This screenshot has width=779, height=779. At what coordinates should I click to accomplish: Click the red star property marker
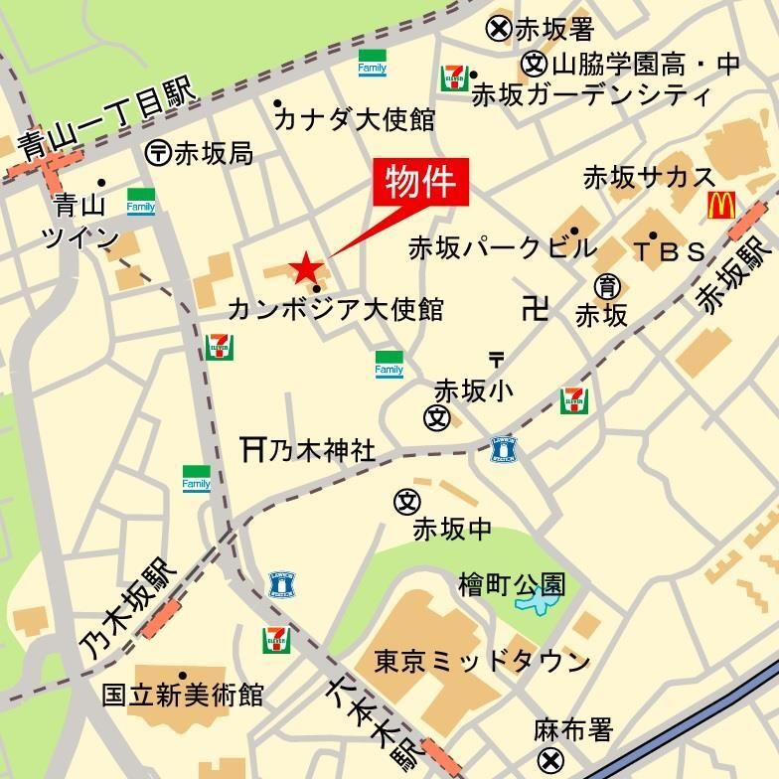[305, 267]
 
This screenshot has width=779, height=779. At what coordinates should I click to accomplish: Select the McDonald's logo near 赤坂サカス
[721, 206]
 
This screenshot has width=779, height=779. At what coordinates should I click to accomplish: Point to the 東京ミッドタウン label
[482, 661]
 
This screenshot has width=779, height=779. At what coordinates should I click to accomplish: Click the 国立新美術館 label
[184, 694]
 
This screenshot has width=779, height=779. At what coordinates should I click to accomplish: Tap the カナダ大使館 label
[355, 120]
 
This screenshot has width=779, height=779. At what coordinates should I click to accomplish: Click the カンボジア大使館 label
[336, 310]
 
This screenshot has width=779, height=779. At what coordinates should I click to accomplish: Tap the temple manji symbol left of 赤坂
[535, 309]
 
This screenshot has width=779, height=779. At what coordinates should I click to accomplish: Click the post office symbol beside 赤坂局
[159, 152]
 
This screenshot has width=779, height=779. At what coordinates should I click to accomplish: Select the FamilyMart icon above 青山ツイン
[140, 202]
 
